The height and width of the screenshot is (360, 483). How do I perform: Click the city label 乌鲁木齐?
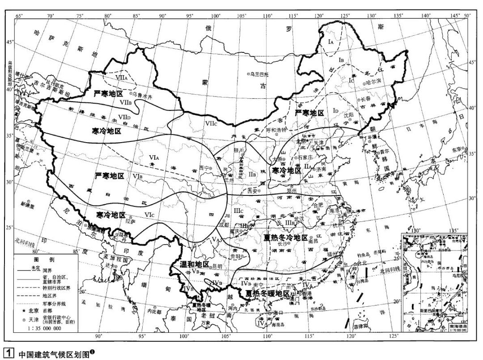click(144, 95)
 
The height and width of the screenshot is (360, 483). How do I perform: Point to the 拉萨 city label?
click(130, 220)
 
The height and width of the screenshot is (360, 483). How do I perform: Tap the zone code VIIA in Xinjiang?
click(121, 77)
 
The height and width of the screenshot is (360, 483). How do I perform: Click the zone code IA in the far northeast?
click(330, 42)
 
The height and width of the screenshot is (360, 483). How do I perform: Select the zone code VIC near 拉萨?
click(149, 215)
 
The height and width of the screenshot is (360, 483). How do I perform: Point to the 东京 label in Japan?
click(453, 149)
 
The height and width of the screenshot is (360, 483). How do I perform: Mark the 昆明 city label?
click(216, 266)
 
